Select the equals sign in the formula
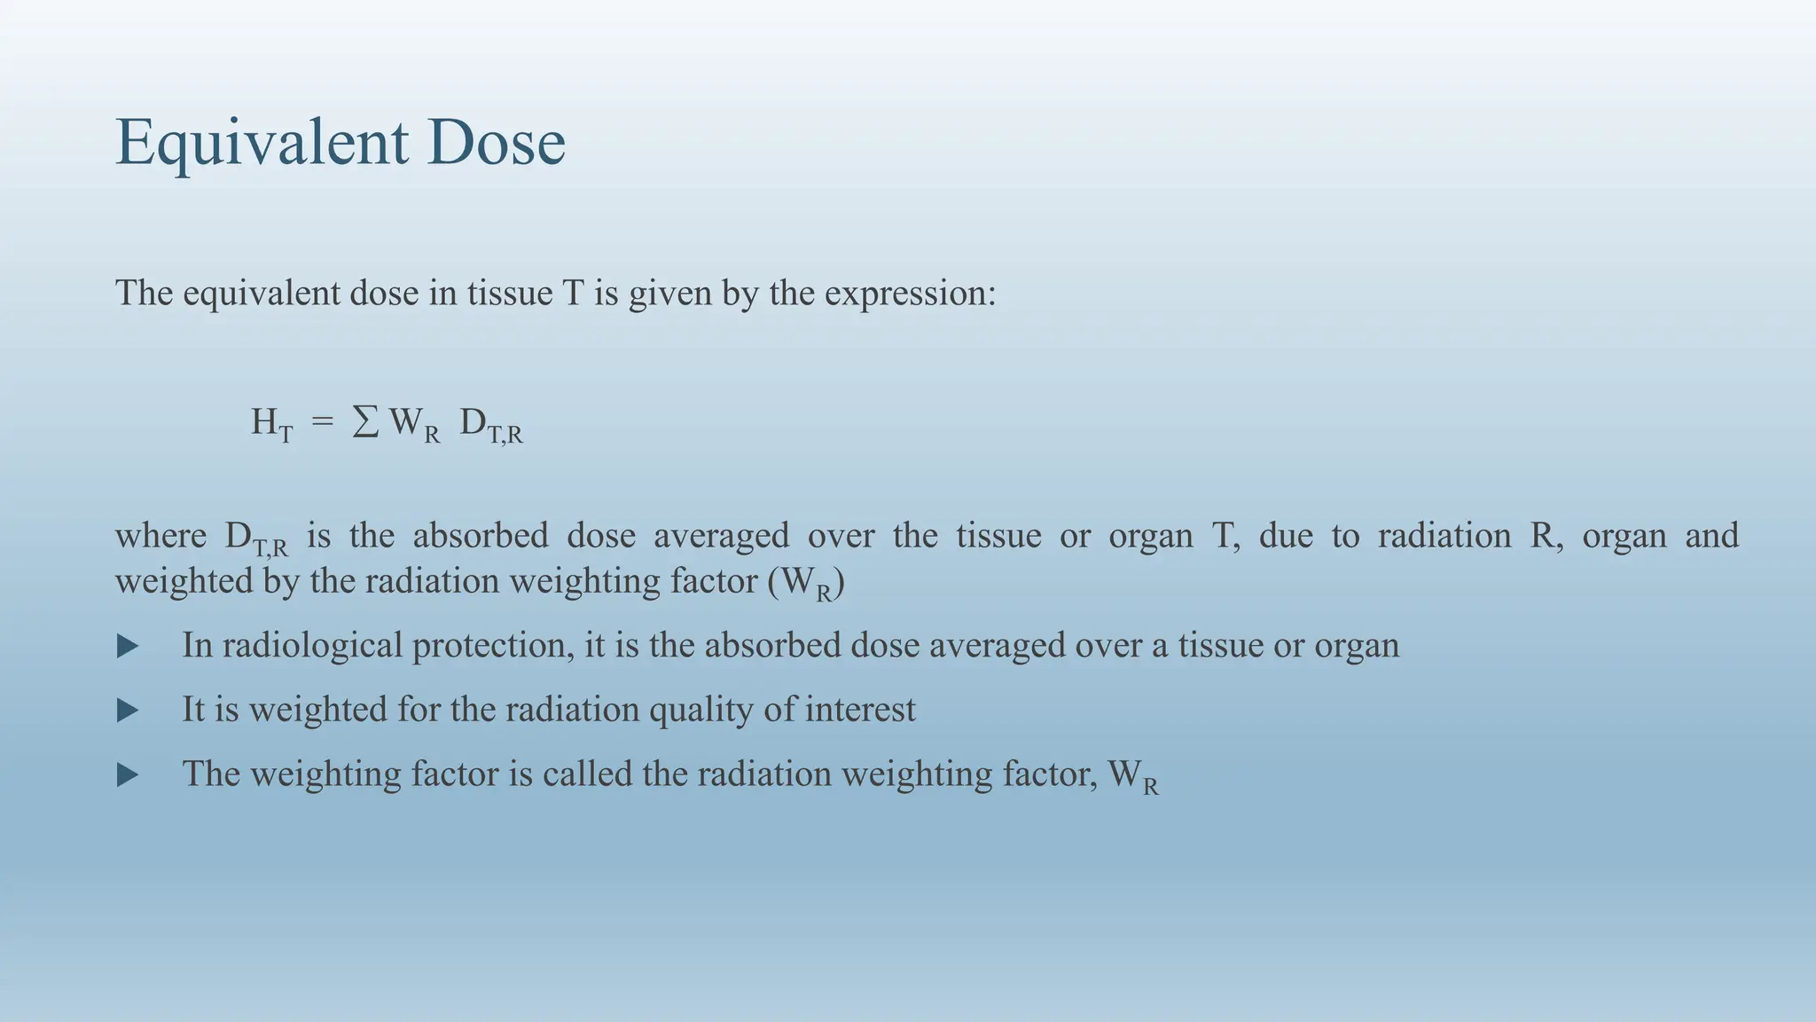point(323,422)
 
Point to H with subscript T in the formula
point(271,424)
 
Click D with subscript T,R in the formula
point(490,425)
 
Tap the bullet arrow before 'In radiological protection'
point(128,646)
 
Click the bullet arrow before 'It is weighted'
point(128,710)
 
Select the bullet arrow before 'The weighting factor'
point(128,775)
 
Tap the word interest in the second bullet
point(859,710)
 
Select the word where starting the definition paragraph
point(160,536)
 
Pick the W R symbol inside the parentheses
point(809,584)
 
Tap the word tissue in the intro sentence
point(510,293)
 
